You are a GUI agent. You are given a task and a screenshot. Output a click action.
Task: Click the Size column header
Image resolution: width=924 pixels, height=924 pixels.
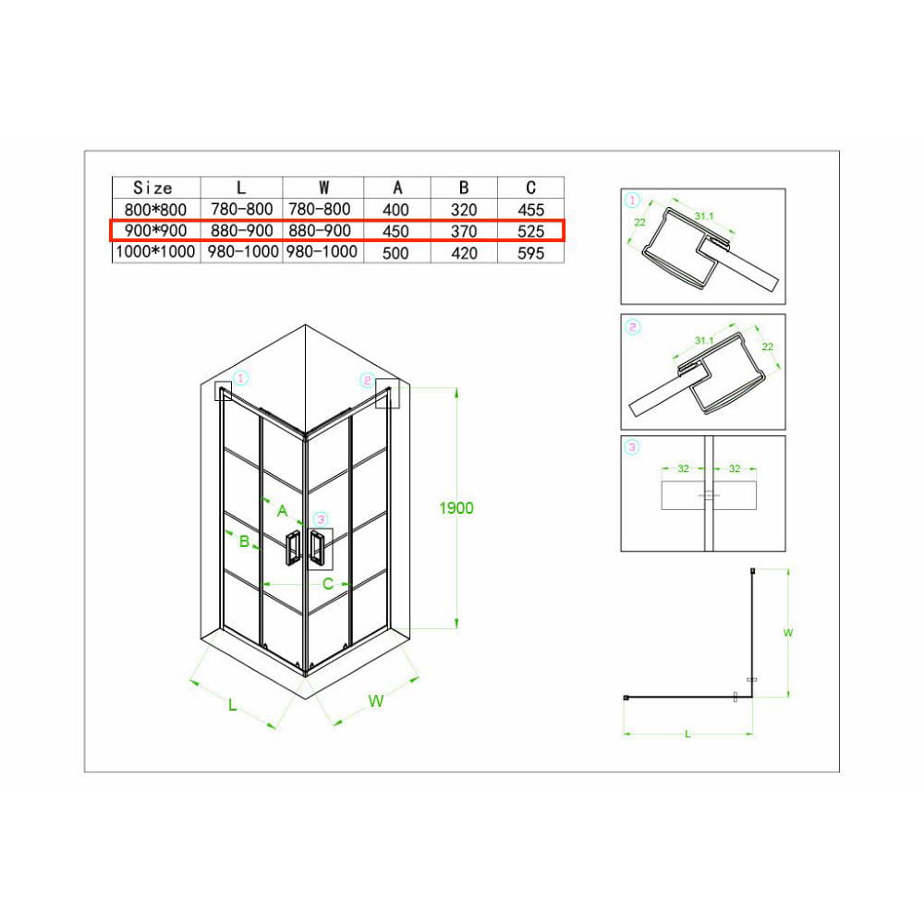(152, 188)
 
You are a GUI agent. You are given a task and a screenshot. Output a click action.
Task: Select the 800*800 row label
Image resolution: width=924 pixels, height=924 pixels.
(155, 210)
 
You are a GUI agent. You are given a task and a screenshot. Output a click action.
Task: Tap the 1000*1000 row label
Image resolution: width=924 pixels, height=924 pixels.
(155, 252)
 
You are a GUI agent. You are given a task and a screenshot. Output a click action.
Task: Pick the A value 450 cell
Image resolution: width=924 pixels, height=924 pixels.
(395, 232)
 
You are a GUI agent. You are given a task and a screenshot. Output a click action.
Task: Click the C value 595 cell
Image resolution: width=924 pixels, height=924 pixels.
(530, 253)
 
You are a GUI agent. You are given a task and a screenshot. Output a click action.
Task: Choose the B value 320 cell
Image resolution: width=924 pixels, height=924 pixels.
(463, 210)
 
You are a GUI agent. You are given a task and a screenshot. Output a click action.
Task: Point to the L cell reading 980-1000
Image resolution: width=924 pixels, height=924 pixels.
(243, 252)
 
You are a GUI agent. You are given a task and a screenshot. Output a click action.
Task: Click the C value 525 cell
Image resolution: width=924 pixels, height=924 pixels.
(530, 232)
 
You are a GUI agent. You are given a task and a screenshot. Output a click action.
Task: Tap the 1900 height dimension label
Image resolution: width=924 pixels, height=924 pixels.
(456, 508)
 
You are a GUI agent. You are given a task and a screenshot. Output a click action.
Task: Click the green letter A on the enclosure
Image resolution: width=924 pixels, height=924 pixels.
(282, 511)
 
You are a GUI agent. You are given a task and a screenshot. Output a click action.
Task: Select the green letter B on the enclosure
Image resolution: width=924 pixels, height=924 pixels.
(244, 541)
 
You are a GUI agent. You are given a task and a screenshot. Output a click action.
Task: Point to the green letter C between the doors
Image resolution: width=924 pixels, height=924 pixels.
(328, 584)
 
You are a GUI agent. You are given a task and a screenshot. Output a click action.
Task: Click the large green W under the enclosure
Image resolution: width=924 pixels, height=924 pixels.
(376, 701)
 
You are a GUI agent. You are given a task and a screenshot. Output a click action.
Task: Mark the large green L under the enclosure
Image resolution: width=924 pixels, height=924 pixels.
(232, 705)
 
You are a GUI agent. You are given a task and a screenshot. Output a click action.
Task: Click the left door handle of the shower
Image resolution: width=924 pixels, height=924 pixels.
(293, 547)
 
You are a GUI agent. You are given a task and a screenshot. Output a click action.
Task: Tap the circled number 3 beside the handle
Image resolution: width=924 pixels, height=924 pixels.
(321, 519)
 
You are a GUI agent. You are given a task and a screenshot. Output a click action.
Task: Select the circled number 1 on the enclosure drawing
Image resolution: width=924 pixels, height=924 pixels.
(241, 378)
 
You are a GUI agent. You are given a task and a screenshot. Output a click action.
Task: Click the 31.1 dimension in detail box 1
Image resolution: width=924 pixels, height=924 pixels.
(704, 216)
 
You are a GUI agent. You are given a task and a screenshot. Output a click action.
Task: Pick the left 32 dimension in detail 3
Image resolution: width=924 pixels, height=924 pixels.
(683, 468)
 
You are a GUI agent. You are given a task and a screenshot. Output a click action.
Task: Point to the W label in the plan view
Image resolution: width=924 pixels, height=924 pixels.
(788, 633)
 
